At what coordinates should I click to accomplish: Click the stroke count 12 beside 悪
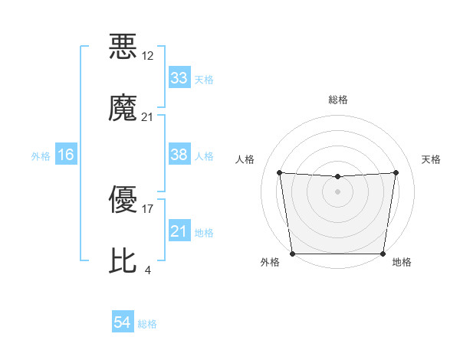click(148, 56)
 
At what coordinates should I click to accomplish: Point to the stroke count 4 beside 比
click(147, 270)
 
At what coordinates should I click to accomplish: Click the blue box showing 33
click(179, 78)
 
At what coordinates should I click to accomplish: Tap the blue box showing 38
click(179, 155)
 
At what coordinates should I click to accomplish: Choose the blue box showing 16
click(66, 155)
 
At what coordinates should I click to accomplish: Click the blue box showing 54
click(123, 323)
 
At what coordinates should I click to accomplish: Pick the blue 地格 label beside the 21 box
click(204, 232)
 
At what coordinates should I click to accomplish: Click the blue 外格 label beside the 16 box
click(41, 155)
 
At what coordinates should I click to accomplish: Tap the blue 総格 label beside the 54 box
click(147, 324)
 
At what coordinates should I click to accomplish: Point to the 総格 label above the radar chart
click(337, 100)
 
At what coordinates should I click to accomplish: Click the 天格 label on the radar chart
click(431, 159)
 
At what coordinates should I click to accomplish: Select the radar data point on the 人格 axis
click(279, 172)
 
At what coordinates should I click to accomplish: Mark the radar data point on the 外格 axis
click(292, 254)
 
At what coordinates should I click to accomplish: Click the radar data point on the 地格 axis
click(383, 254)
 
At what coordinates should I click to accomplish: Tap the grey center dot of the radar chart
click(337, 191)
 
